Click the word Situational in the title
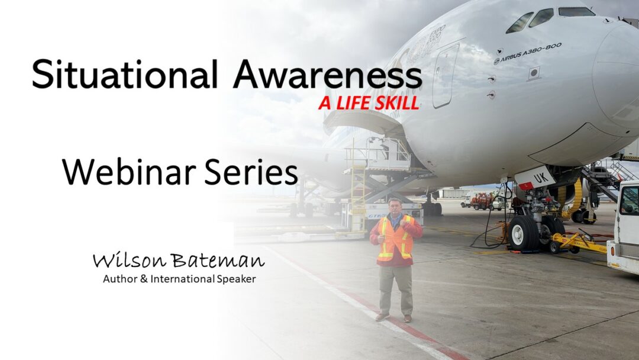(x=124, y=74)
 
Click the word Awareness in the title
(x=327, y=74)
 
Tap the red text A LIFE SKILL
(x=369, y=103)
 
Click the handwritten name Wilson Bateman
(x=179, y=260)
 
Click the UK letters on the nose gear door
(x=541, y=178)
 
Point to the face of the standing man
(x=395, y=207)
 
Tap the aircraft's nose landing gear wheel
(x=523, y=232)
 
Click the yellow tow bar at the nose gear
(x=578, y=243)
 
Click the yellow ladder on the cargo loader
(x=358, y=198)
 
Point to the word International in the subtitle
(x=183, y=279)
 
